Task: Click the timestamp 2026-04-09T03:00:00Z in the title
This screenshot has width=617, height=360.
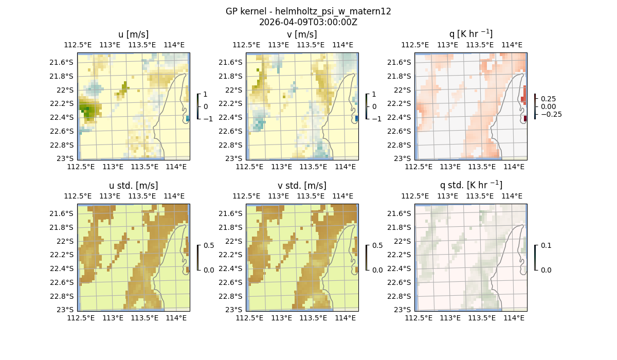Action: coord(308,22)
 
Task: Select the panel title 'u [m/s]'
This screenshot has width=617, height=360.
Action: coord(133,34)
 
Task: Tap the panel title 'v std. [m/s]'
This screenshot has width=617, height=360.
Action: coord(302,186)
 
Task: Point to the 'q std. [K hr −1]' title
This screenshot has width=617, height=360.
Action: coord(470,185)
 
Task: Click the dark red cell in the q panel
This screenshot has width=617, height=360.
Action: coord(525,119)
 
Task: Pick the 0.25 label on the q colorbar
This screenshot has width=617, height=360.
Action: coord(549,99)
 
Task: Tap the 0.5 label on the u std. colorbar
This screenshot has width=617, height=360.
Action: coord(209,245)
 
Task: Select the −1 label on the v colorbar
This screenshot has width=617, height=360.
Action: coord(377,119)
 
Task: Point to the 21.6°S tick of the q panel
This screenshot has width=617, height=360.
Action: coord(402,62)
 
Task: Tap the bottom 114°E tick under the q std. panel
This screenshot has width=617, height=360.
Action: coord(514,318)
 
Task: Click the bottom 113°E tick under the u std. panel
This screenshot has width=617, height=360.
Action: coord(113,318)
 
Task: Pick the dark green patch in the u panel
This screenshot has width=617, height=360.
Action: coord(88,110)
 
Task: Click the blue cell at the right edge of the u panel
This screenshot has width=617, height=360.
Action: coord(188,118)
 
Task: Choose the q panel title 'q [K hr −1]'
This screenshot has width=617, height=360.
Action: coord(470,34)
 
